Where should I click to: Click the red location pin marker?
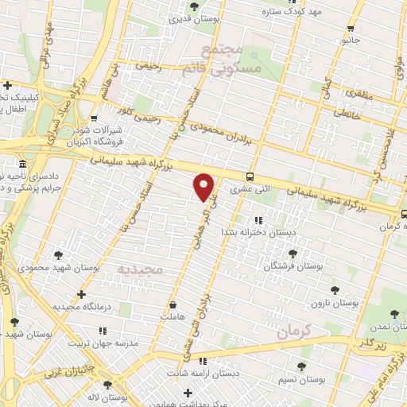coord(204,186)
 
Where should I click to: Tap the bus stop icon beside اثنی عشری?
coord(250,177)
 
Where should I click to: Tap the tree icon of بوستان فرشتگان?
coord(292,254)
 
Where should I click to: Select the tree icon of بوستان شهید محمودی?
coord(58,255)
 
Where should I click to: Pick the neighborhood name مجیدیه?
coord(140,270)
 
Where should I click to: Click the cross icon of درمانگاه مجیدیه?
coord(81,294)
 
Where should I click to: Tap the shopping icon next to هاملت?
coord(173,304)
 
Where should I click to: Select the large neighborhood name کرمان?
coord(293,333)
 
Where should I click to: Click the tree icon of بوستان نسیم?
coord(301,366)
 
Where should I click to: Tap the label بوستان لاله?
coord(108,396)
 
